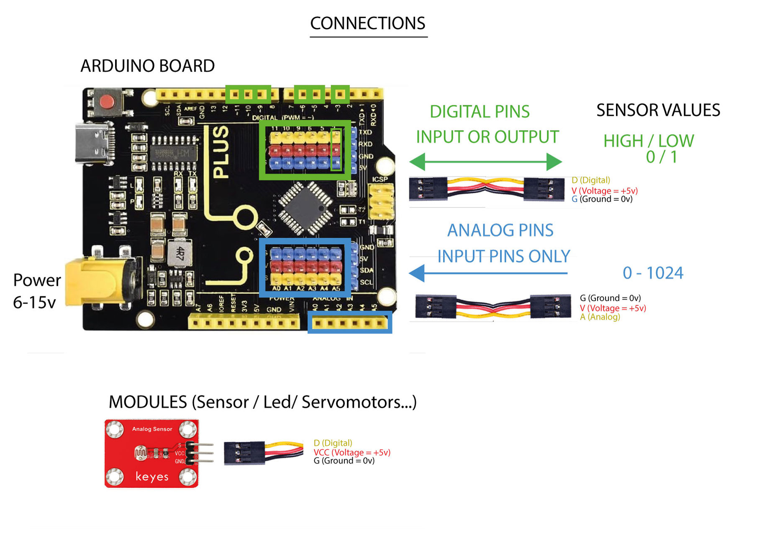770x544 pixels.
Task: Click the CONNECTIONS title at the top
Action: pyautogui.click(x=367, y=23)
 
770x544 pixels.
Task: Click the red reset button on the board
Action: pyautogui.click(x=107, y=102)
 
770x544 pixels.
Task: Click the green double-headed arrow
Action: pyautogui.click(x=485, y=162)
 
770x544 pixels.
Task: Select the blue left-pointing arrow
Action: pyautogui.click(x=488, y=273)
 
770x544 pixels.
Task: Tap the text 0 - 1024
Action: pyautogui.click(x=653, y=273)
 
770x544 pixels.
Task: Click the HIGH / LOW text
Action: pyautogui.click(x=648, y=141)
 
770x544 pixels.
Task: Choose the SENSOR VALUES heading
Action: pyautogui.click(x=658, y=110)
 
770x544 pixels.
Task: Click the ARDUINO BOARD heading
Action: pyautogui.click(x=147, y=66)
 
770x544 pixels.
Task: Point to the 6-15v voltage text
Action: pyautogui.click(x=34, y=302)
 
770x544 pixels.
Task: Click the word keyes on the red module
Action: pyautogui.click(x=151, y=477)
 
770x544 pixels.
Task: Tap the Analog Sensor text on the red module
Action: pyautogui.click(x=152, y=429)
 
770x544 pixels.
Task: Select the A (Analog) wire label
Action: pyautogui.click(x=600, y=317)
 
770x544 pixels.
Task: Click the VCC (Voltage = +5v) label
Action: pyautogui.click(x=352, y=452)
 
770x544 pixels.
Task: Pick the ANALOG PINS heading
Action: pyautogui.click(x=500, y=230)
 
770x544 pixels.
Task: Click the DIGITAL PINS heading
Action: pyautogui.click(x=480, y=112)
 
